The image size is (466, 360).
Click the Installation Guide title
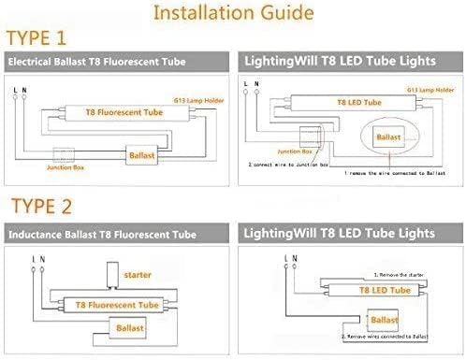232,15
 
